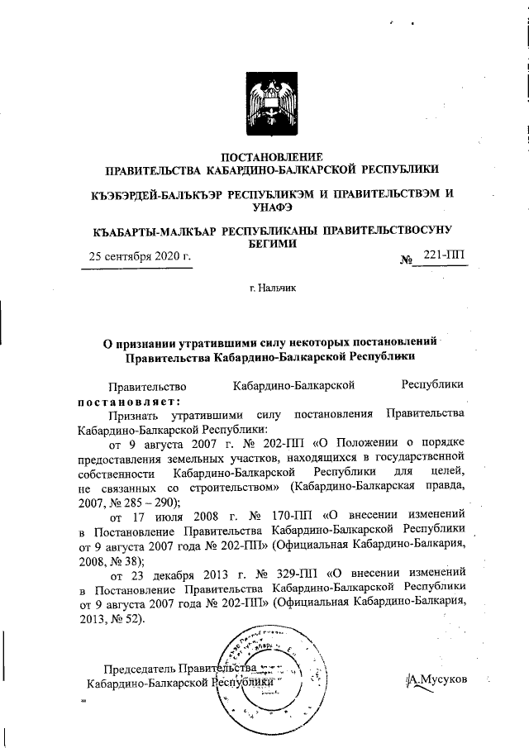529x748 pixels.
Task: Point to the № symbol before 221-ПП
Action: pyautogui.click(x=407, y=258)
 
